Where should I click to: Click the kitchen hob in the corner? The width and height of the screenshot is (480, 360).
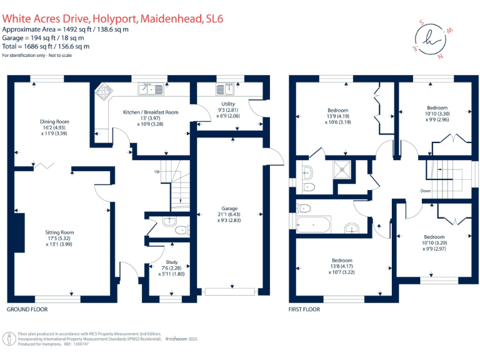pyautogui.click(x=102, y=92)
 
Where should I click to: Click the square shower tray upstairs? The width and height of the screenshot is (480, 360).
pyautogui.click(x=342, y=169)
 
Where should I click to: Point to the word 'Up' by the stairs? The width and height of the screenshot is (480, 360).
pyautogui.click(x=157, y=171)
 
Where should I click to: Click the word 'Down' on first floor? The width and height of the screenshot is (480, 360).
pyautogui.click(x=426, y=191)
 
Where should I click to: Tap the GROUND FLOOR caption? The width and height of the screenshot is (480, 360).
pyautogui.click(x=27, y=309)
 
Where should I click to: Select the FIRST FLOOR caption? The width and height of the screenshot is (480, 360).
pyautogui.click(x=304, y=309)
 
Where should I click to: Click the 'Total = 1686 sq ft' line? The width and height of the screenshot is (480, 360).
pyautogui.click(x=46, y=46)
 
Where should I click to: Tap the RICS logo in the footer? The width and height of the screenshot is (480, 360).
pyautogui.click(x=10, y=339)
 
